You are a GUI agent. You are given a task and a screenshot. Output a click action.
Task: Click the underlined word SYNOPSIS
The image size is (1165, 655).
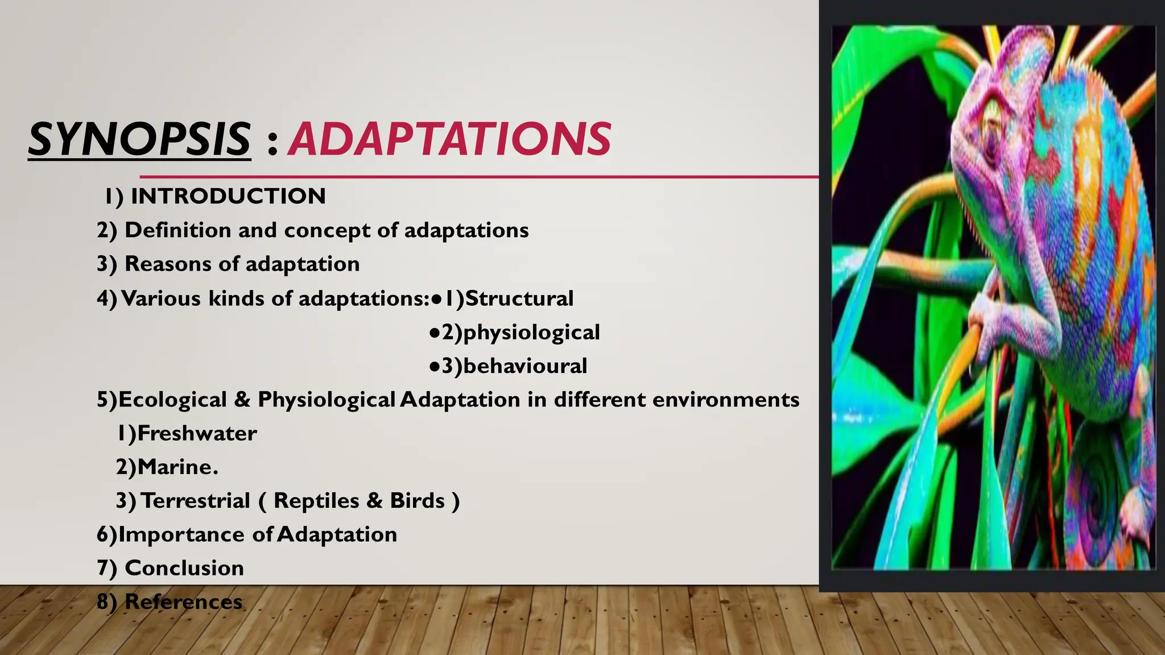point(139,139)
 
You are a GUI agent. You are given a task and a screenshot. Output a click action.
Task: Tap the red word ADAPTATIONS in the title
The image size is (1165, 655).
point(449,139)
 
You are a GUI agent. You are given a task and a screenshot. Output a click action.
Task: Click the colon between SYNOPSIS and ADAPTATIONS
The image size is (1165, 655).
point(272,142)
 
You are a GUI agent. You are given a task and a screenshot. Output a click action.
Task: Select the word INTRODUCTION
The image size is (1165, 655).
point(228,196)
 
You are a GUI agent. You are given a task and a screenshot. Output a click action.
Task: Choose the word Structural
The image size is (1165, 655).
point(519,299)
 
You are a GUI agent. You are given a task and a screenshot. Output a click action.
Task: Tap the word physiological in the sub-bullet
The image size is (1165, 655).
point(531,333)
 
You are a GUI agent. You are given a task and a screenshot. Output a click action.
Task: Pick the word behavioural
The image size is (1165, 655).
point(524,366)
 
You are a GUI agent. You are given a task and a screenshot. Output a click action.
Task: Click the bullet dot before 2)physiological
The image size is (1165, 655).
point(435,333)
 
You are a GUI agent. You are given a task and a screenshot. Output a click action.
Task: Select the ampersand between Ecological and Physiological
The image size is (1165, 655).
point(242,400)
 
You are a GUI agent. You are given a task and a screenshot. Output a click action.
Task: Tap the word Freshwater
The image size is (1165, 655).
point(197,433)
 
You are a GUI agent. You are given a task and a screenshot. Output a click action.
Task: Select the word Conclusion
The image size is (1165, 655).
point(184,568)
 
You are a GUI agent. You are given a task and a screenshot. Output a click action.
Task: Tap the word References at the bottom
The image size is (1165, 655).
point(183,602)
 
